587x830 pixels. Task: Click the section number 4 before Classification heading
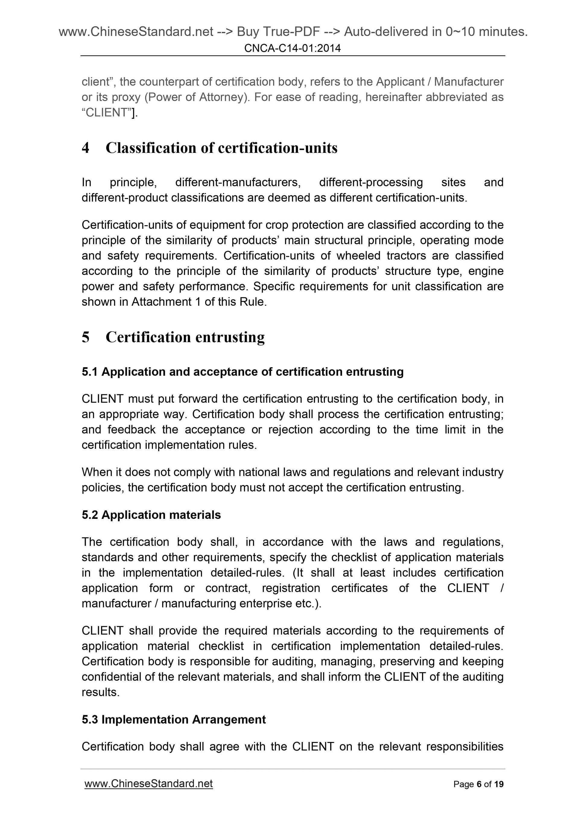click(x=85, y=148)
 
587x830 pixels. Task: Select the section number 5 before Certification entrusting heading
click(x=85, y=337)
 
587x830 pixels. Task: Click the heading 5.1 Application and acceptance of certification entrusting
click(x=242, y=372)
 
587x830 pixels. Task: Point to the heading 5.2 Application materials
click(x=151, y=515)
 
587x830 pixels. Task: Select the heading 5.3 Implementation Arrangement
click(x=174, y=719)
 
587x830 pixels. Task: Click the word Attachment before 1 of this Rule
click(x=161, y=302)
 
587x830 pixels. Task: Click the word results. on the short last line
click(x=100, y=692)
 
